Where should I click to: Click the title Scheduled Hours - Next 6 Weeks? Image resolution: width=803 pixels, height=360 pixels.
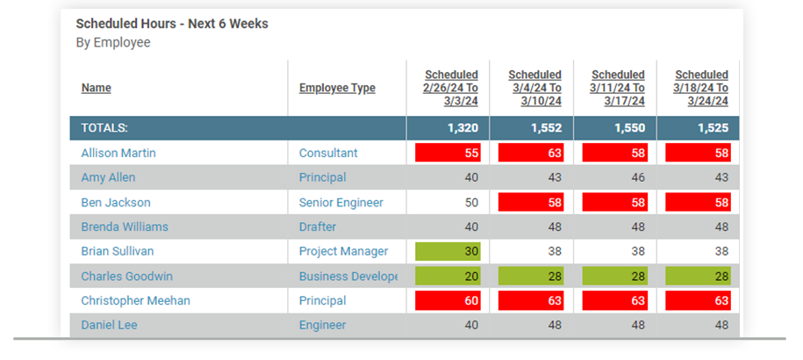point(172,24)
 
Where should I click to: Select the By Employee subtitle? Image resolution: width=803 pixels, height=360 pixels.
point(113,42)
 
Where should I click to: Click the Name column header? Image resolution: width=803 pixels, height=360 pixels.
point(96,88)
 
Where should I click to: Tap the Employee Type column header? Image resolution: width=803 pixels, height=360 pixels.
point(337,88)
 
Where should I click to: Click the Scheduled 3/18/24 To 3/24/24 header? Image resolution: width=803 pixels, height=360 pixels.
point(701,88)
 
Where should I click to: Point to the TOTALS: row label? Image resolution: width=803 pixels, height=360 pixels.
point(104,128)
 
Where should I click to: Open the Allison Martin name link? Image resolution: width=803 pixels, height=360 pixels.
point(118,153)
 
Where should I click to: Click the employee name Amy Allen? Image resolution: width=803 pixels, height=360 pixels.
point(108,177)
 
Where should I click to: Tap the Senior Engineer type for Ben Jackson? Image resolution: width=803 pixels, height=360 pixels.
point(341,203)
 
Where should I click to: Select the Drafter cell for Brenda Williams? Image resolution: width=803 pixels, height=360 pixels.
point(318,227)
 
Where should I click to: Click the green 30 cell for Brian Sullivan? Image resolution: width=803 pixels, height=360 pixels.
point(448,251)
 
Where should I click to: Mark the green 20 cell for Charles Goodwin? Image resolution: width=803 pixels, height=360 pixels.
point(448,277)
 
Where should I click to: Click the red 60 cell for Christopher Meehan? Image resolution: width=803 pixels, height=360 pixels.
point(448,301)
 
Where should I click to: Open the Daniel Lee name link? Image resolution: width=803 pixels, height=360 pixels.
point(109,325)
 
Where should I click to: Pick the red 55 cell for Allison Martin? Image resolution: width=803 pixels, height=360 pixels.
point(448,153)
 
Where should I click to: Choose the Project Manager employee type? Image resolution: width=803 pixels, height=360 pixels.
point(343,251)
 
